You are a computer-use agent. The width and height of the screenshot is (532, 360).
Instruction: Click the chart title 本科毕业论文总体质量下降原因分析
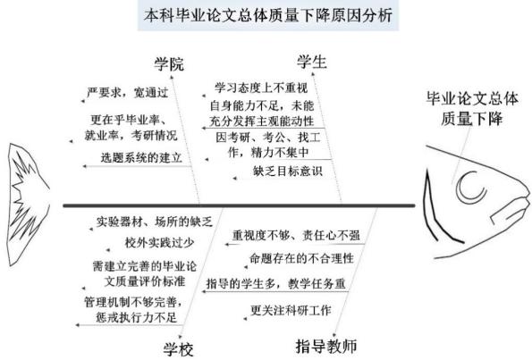pyautogui.click(x=268, y=15)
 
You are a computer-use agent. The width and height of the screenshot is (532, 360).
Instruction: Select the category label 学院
pyautogui.click(x=169, y=64)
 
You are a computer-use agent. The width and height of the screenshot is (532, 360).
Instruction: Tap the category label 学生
pyautogui.click(x=312, y=62)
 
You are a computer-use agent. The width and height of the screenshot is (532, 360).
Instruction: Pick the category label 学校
pyautogui.click(x=179, y=349)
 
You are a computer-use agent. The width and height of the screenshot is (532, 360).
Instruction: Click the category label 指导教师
pyautogui.click(x=326, y=346)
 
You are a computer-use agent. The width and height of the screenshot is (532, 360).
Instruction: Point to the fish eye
pyautogui.click(x=471, y=187)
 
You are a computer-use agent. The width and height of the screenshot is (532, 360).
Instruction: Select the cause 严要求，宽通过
pyautogui.click(x=128, y=93)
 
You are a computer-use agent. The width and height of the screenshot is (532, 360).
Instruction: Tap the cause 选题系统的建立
pyautogui.click(x=141, y=157)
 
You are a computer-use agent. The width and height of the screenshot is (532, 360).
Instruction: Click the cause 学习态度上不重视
pyautogui.click(x=261, y=88)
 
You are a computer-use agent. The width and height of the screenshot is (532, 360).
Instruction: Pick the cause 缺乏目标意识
pyautogui.click(x=287, y=171)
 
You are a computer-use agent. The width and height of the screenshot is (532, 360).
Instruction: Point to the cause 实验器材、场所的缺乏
pyautogui.click(x=155, y=222)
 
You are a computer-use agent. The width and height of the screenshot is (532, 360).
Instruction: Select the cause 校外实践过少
pyautogui.click(x=159, y=242)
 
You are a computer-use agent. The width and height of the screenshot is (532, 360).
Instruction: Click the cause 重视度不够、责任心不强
pyautogui.click(x=296, y=235)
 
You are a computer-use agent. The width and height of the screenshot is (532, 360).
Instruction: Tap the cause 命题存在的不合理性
pyautogui.click(x=301, y=259)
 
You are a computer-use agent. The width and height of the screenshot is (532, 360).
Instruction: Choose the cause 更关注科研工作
pyautogui.click(x=291, y=310)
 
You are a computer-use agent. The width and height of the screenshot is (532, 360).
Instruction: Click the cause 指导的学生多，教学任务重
pyautogui.click(x=276, y=283)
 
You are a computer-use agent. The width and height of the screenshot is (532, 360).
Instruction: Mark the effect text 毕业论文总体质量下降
pyautogui.click(x=472, y=108)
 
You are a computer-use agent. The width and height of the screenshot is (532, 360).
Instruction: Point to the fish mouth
pyautogui.click(x=510, y=210)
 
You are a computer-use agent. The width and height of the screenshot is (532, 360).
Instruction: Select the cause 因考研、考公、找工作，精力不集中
pyautogui.click(x=268, y=145)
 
